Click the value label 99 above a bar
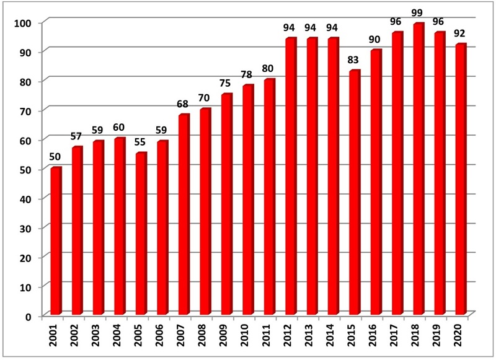(419, 14)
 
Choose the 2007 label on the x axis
(184, 337)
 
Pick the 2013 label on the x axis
(312, 337)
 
